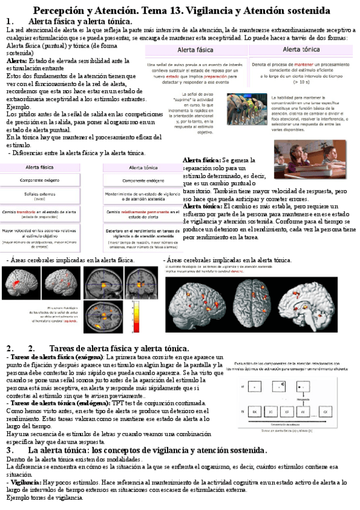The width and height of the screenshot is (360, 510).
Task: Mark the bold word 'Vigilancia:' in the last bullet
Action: point(25,482)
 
